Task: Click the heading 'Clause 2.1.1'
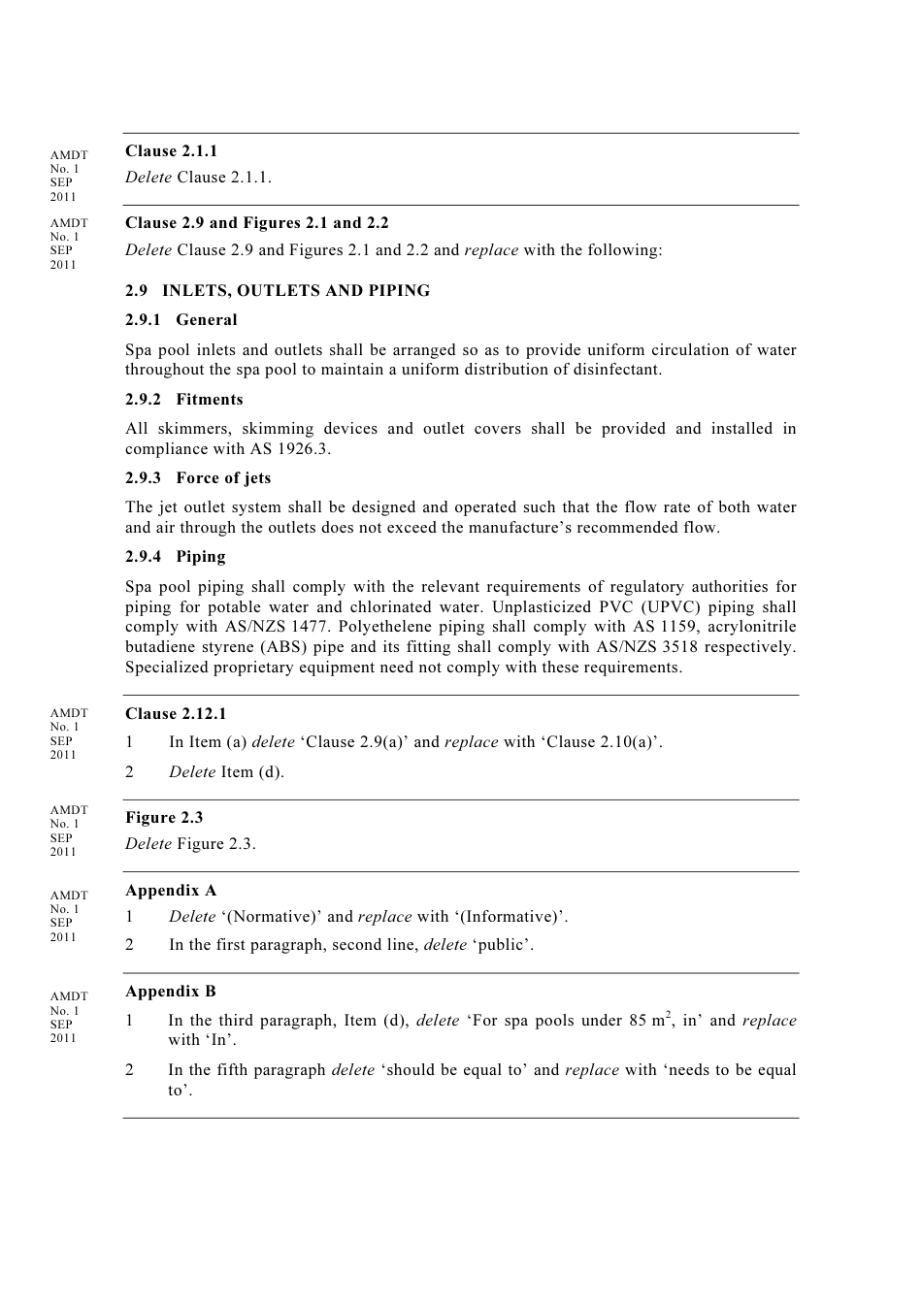(x=171, y=151)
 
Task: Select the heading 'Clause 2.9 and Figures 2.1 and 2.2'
(x=256, y=223)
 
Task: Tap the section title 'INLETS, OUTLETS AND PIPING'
(x=295, y=291)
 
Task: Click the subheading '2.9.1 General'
(x=181, y=320)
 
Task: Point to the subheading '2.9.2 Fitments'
(x=183, y=400)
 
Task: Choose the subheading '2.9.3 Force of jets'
(x=198, y=478)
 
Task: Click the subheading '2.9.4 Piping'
(x=175, y=557)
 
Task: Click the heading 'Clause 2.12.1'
(x=176, y=714)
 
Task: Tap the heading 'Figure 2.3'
(x=164, y=818)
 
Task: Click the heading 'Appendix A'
(x=171, y=891)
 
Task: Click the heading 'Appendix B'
(x=171, y=992)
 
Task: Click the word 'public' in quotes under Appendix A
(x=503, y=945)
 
